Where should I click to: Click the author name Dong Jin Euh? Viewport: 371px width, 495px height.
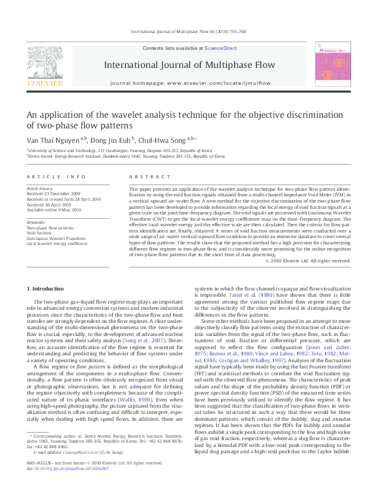pyautogui.click(x=110, y=141)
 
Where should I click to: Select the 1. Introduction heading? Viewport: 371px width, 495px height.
pyautogui.click(x=48, y=288)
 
